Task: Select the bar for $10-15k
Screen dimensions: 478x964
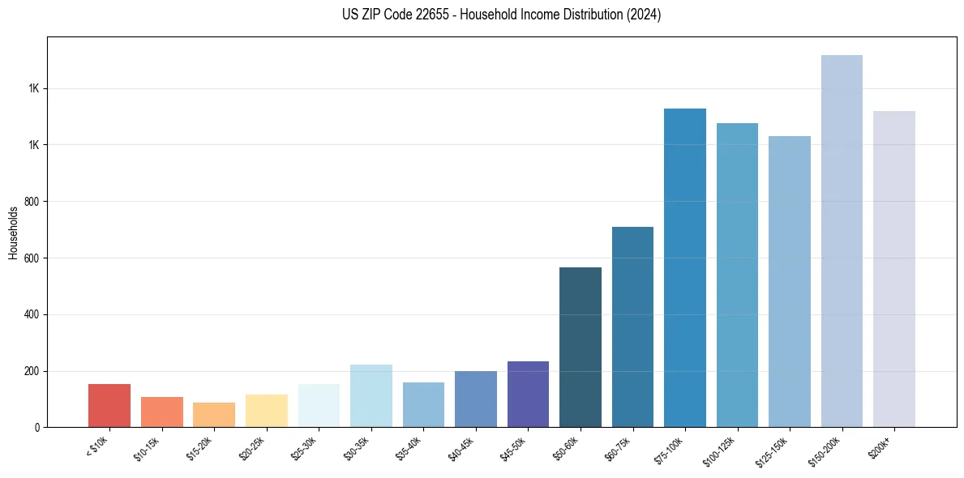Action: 161,412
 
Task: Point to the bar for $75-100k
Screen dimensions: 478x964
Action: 685,267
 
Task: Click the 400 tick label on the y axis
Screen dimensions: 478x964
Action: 31,314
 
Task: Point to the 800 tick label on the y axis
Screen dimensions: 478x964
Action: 31,202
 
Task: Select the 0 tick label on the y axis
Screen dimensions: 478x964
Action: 36,428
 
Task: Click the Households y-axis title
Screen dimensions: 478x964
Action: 13,233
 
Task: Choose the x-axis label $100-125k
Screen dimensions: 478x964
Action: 722,450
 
